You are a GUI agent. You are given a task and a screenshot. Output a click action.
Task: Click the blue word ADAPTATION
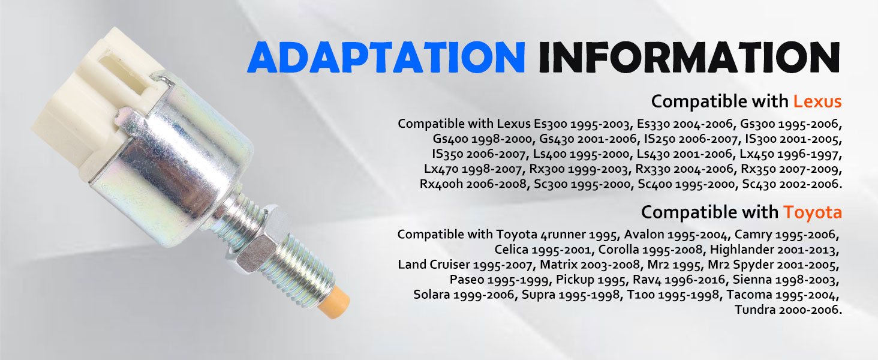click(x=386, y=57)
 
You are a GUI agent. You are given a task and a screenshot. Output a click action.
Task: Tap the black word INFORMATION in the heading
click(x=690, y=57)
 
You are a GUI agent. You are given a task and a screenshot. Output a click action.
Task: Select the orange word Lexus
click(x=817, y=101)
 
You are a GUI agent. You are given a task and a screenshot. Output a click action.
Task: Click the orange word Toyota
click(x=813, y=212)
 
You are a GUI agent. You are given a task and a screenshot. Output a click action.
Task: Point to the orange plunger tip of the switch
click(x=333, y=302)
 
